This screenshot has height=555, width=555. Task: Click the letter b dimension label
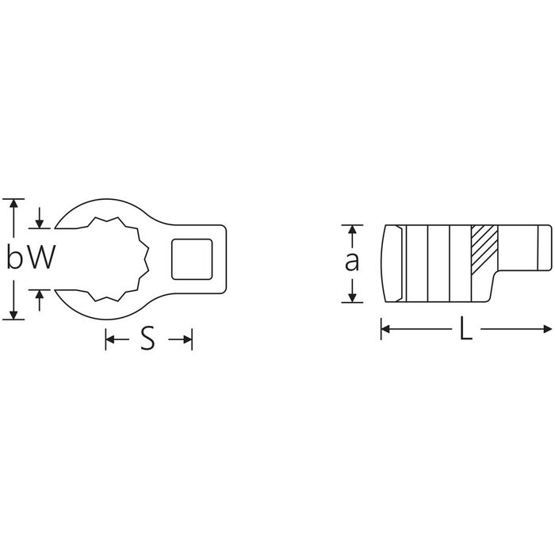coord(13,257)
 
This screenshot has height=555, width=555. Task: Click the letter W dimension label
coord(42,258)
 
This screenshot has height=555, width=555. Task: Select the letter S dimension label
coord(148,339)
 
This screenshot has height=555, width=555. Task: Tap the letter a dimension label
coord(352,262)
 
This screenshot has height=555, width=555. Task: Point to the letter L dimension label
coord(466,328)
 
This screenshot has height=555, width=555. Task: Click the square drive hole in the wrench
coord(192,258)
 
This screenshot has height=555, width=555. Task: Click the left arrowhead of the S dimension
coord(110,339)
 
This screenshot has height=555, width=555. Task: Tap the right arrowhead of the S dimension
coord(188,339)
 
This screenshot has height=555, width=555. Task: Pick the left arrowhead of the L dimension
coord(385,329)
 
